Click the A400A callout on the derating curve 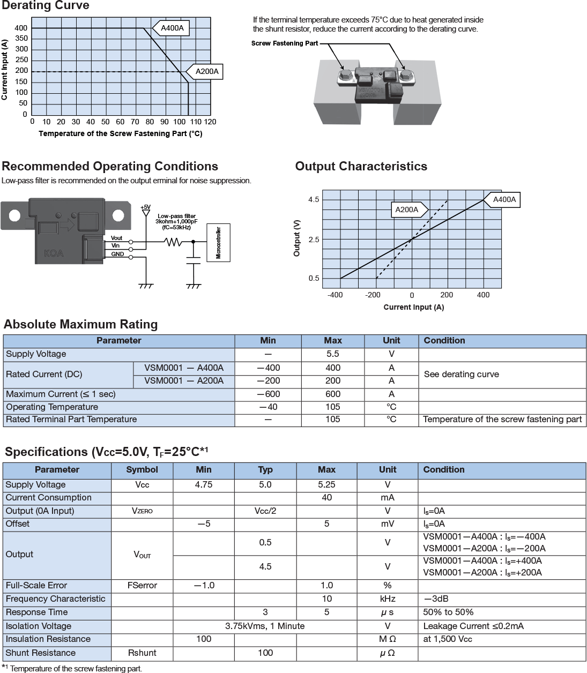coord(172,28)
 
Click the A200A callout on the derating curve coord(206,71)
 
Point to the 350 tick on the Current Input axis coord(21,39)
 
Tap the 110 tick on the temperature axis coord(196,122)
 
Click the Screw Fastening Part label coord(285,43)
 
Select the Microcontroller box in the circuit coord(218,243)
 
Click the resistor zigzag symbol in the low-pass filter coord(173,242)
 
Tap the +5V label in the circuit coord(145,207)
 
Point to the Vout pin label coord(116,238)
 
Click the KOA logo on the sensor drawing coord(54,253)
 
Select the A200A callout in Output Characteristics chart coord(407,210)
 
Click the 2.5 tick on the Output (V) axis coord(314,240)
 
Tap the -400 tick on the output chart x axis coord(335,295)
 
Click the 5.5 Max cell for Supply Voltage coord(332,354)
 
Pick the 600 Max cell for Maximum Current coord(332,394)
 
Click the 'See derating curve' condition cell coord(461,374)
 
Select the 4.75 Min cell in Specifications coord(204,484)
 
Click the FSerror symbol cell coord(142,585)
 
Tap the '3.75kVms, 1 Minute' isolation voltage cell coord(265,626)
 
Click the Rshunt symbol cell coord(142,653)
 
